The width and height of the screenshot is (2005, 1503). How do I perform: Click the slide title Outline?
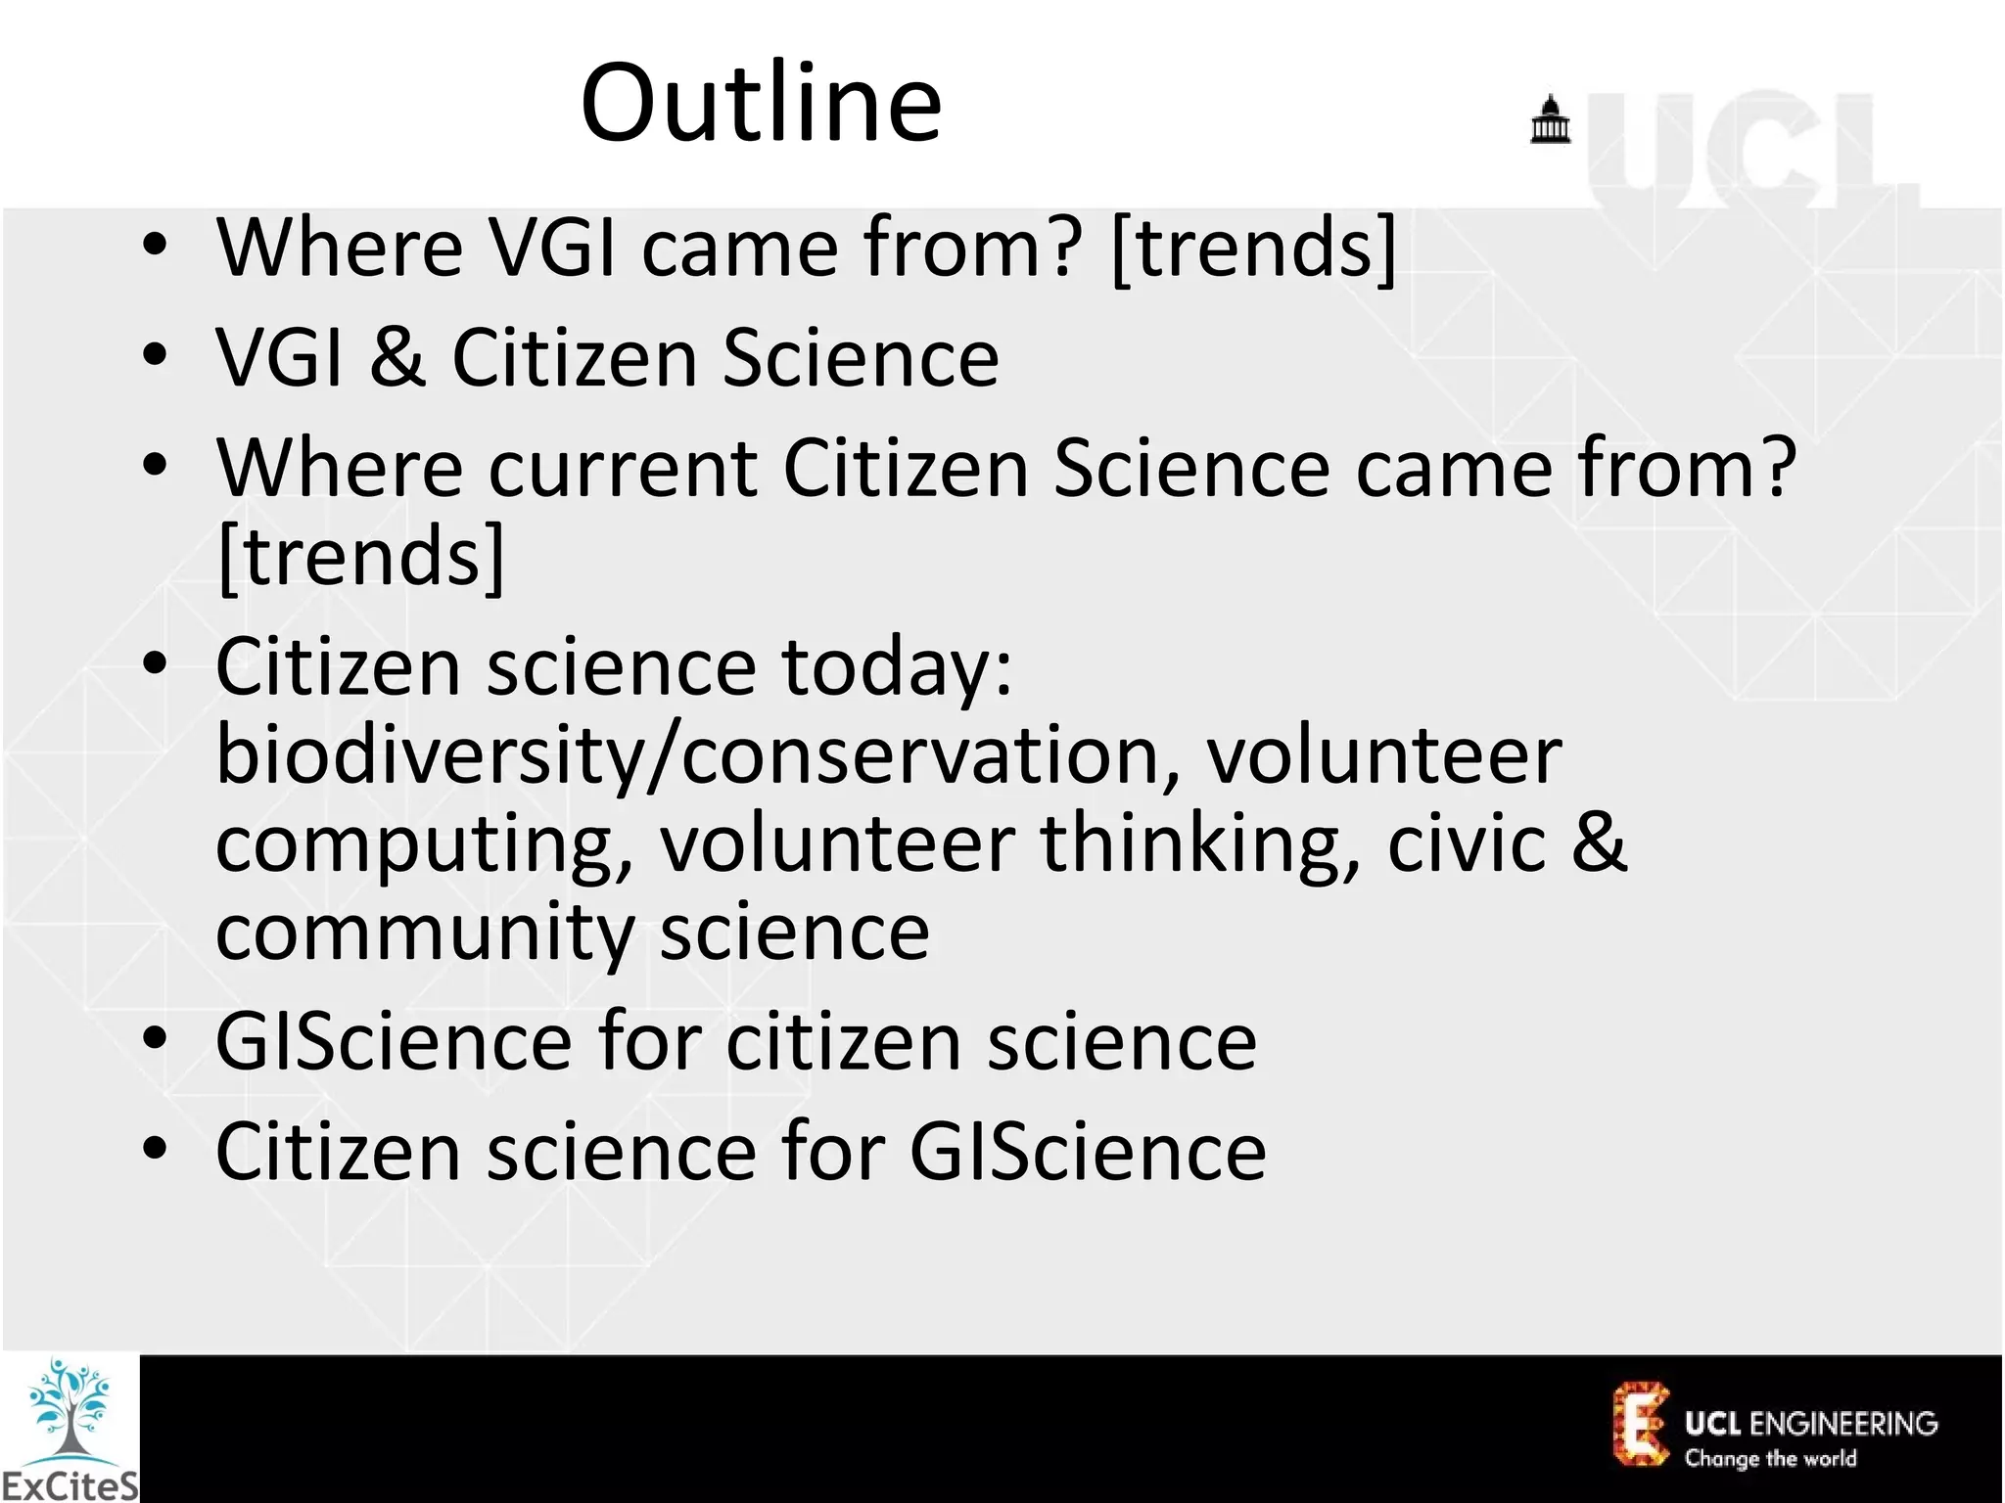761,103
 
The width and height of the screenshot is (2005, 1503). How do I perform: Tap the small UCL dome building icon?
1550,120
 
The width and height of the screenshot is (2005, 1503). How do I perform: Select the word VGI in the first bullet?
552,248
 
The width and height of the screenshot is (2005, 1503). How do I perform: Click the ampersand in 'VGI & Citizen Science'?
397,357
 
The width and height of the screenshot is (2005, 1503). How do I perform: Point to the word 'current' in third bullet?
623,468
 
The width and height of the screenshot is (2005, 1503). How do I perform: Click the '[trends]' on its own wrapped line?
360,556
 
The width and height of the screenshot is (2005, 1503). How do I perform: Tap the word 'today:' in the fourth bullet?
896,668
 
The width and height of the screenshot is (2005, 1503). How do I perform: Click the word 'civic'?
1467,843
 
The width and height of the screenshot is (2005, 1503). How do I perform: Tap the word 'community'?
425,932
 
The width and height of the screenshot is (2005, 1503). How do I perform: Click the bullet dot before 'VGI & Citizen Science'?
155,357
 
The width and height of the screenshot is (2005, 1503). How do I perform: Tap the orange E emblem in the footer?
1640,1424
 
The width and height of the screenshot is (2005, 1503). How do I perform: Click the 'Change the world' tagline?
1770,1459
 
